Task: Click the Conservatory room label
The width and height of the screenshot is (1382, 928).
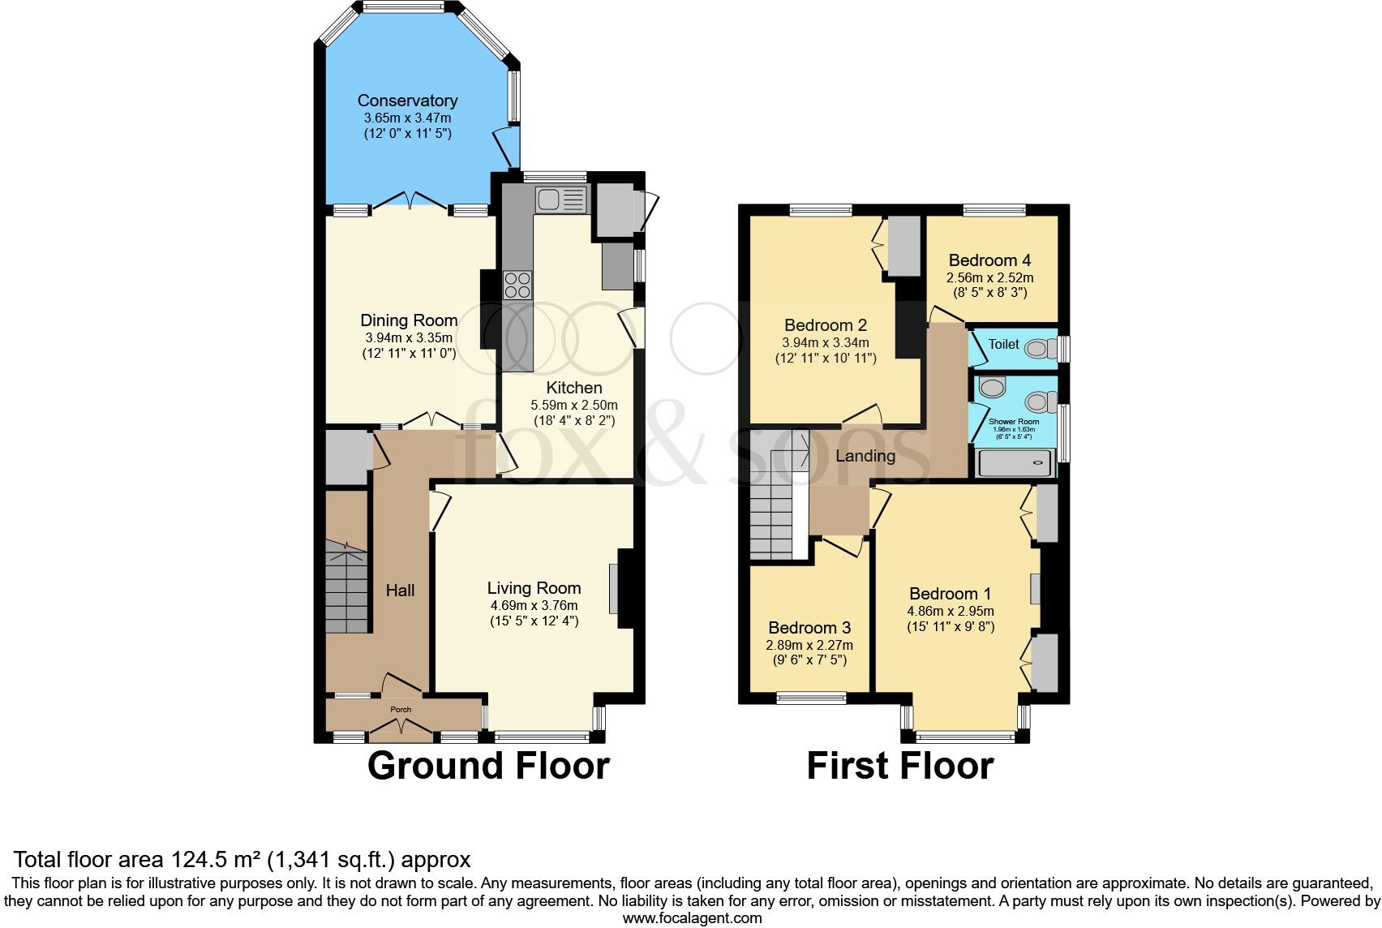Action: click(x=407, y=101)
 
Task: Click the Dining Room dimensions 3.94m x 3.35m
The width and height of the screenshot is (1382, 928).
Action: click(x=409, y=337)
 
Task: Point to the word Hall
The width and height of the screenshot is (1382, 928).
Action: click(x=400, y=591)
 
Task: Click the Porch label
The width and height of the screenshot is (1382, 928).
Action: click(x=401, y=709)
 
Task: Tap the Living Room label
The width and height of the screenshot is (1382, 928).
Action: click(x=534, y=588)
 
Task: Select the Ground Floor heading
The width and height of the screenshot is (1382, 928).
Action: click(x=488, y=766)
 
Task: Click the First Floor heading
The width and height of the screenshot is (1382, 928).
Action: click(x=899, y=766)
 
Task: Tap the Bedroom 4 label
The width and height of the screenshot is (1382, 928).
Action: click(x=989, y=260)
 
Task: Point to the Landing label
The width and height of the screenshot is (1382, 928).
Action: click(x=865, y=456)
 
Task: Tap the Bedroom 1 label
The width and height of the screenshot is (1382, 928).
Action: click(x=950, y=594)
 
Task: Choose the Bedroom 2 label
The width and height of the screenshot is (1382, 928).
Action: click(x=825, y=325)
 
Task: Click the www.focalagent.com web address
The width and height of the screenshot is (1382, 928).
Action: click(x=692, y=918)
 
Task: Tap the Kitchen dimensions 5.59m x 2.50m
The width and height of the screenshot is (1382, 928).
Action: click(x=573, y=405)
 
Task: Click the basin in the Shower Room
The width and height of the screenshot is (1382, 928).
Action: click(x=991, y=387)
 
